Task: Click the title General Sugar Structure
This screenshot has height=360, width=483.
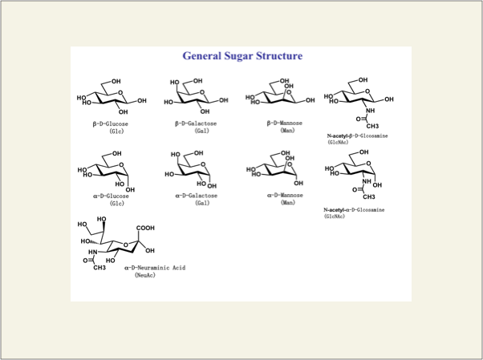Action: point(242,56)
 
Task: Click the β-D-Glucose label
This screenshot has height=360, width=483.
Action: point(110,124)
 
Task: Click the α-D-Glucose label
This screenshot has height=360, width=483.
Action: point(110,195)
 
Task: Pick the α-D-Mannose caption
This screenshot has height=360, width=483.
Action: point(286,195)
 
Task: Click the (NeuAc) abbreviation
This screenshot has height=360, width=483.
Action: point(144,275)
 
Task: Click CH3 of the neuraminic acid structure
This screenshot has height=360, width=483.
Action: point(99,267)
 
